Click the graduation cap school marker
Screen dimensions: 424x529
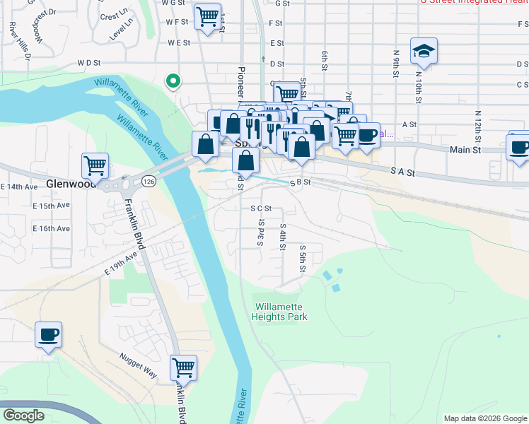point(424,50)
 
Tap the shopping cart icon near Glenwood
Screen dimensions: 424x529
point(95,166)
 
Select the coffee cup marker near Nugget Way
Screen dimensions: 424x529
point(49,334)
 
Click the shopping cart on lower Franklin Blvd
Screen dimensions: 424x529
point(183,367)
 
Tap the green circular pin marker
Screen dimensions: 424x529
point(172,81)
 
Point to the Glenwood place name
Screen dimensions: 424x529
point(70,183)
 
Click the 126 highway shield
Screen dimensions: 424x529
point(148,181)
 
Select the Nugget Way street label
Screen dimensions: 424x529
point(138,367)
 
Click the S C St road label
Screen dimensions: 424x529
point(261,208)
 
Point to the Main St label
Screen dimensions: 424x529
point(465,150)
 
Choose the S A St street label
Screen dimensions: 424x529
point(401,170)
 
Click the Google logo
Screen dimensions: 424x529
point(23,416)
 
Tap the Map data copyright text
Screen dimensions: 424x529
point(484,418)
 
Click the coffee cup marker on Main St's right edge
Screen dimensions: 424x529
point(519,146)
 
